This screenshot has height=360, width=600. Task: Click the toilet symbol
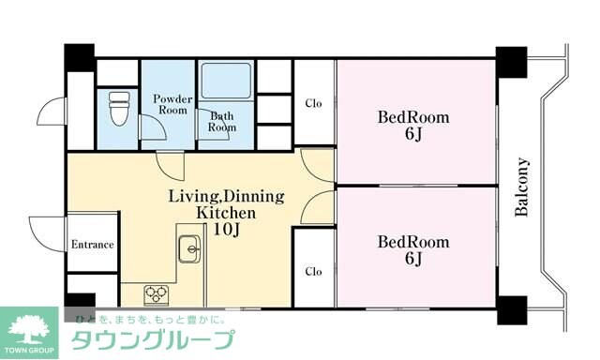tap(117, 110)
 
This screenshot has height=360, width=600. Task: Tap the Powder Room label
tap(172, 104)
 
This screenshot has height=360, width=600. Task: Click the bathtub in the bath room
tap(225, 83)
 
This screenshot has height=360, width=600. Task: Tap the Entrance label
tap(92, 246)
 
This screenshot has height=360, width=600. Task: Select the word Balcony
tap(523, 187)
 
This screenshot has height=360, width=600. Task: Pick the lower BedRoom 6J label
tap(413, 249)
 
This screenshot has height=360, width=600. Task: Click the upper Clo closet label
tap(313, 103)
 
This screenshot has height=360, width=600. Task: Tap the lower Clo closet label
tap(313, 271)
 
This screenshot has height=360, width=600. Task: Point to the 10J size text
tap(224, 229)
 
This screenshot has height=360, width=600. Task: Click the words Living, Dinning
tap(225, 197)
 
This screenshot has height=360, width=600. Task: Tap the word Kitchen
tap(225, 213)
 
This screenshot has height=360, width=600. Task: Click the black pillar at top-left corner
tap(79, 56)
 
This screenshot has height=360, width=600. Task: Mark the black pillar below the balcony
tap(511, 309)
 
